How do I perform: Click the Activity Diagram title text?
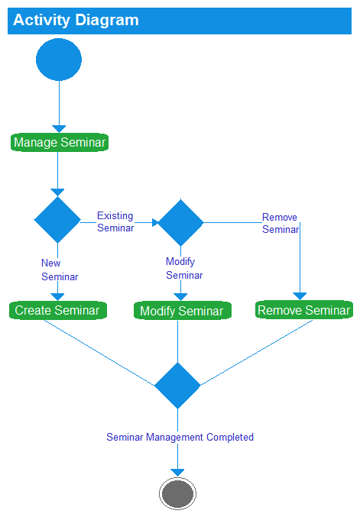coord(76,21)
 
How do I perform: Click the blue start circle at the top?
coord(58,60)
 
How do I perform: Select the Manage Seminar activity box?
coord(59,142)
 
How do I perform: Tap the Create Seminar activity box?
coord(57,310)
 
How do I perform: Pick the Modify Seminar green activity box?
coord(181,311)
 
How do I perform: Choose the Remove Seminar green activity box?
coord(303,310)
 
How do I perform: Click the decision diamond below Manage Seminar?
coord(57,219)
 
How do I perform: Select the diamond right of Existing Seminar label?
coord(180,222)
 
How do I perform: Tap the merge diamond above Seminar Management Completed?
coord(177,386)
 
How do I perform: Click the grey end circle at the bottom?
coord(177,493)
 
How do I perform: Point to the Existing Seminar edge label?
coord(115,221)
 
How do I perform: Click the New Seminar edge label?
coord(59,270)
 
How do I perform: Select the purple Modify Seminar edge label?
coord(183,268)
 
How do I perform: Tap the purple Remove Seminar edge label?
coord(280,223)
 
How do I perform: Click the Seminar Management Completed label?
coord(180,437)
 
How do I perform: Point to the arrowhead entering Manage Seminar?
coord(59,128)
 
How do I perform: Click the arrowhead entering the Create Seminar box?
coord(57,296)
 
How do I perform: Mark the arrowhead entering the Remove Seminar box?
coord(300,296)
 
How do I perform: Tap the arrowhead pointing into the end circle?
coord(177,471)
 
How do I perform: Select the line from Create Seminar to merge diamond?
coord(99,352)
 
